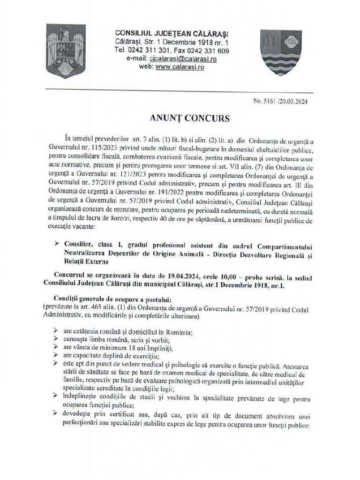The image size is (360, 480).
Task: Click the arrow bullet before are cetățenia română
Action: (x=57, y=331)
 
